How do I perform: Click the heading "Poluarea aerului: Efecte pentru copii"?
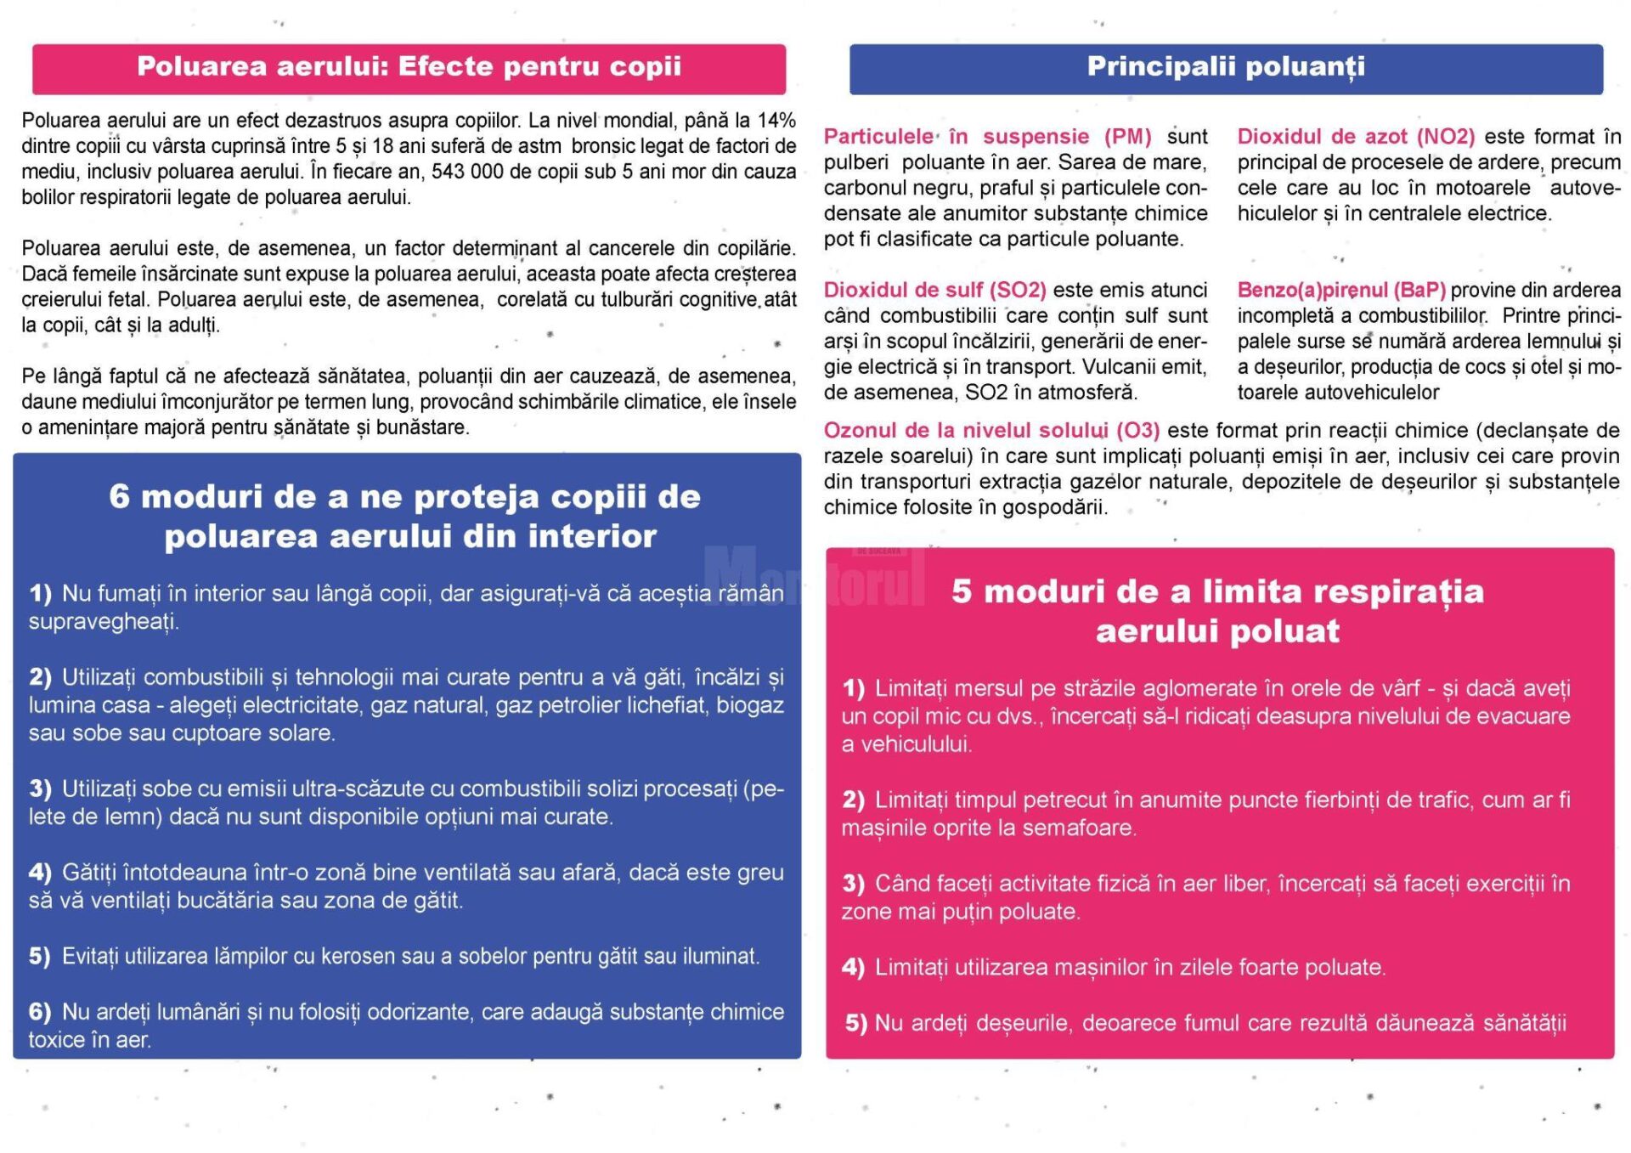(x=409, y=67)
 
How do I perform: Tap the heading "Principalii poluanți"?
(x=1226, y=67)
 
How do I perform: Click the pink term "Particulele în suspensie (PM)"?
(x=987, y=137)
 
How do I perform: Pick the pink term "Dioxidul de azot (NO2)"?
(x=1356, y=137)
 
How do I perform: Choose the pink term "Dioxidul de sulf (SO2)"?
(x=934, y=291)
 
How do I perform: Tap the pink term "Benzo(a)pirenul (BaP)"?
(x=1341, y=291)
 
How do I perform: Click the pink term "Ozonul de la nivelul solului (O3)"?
(x=991, y=431)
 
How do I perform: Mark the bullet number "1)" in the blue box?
(x=41, y=594)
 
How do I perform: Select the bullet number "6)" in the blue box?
(x=41, y=1012)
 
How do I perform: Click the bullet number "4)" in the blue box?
(x=41, y=873)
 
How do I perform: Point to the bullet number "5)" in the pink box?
(x=856, y=1024)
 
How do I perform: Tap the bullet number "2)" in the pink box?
(x=854, y=800)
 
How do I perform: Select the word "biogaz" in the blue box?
(x=750, y=705)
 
